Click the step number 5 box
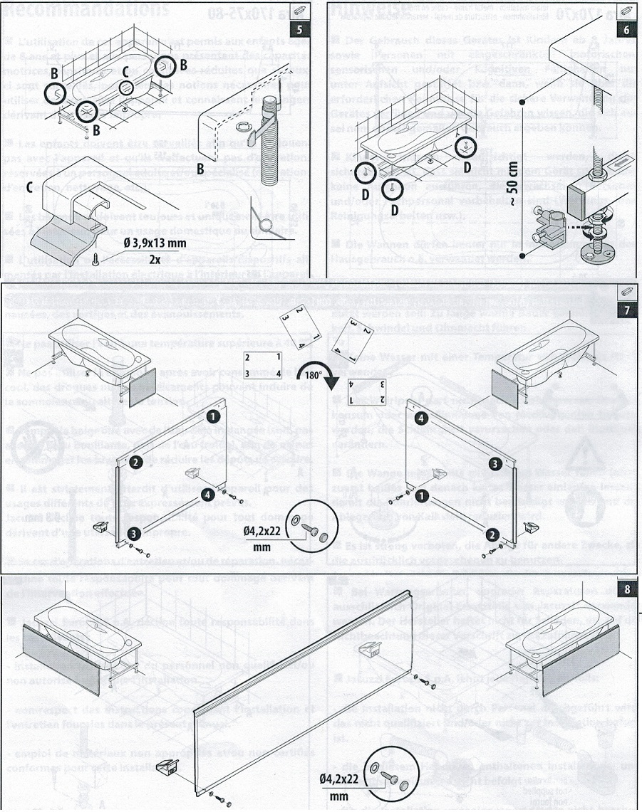(x=304, y=31)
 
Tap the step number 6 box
(x=626, y=31)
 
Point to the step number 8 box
(x=626, y=589)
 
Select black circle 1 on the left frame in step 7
(x=212, y=414)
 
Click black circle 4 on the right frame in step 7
(x=420, y=418)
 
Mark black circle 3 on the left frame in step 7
(x=133, y=533)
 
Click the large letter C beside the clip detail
(x=30, y=188)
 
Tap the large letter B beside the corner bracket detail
(x=200, y=168)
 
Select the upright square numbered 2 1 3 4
(x=262, y=365)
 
